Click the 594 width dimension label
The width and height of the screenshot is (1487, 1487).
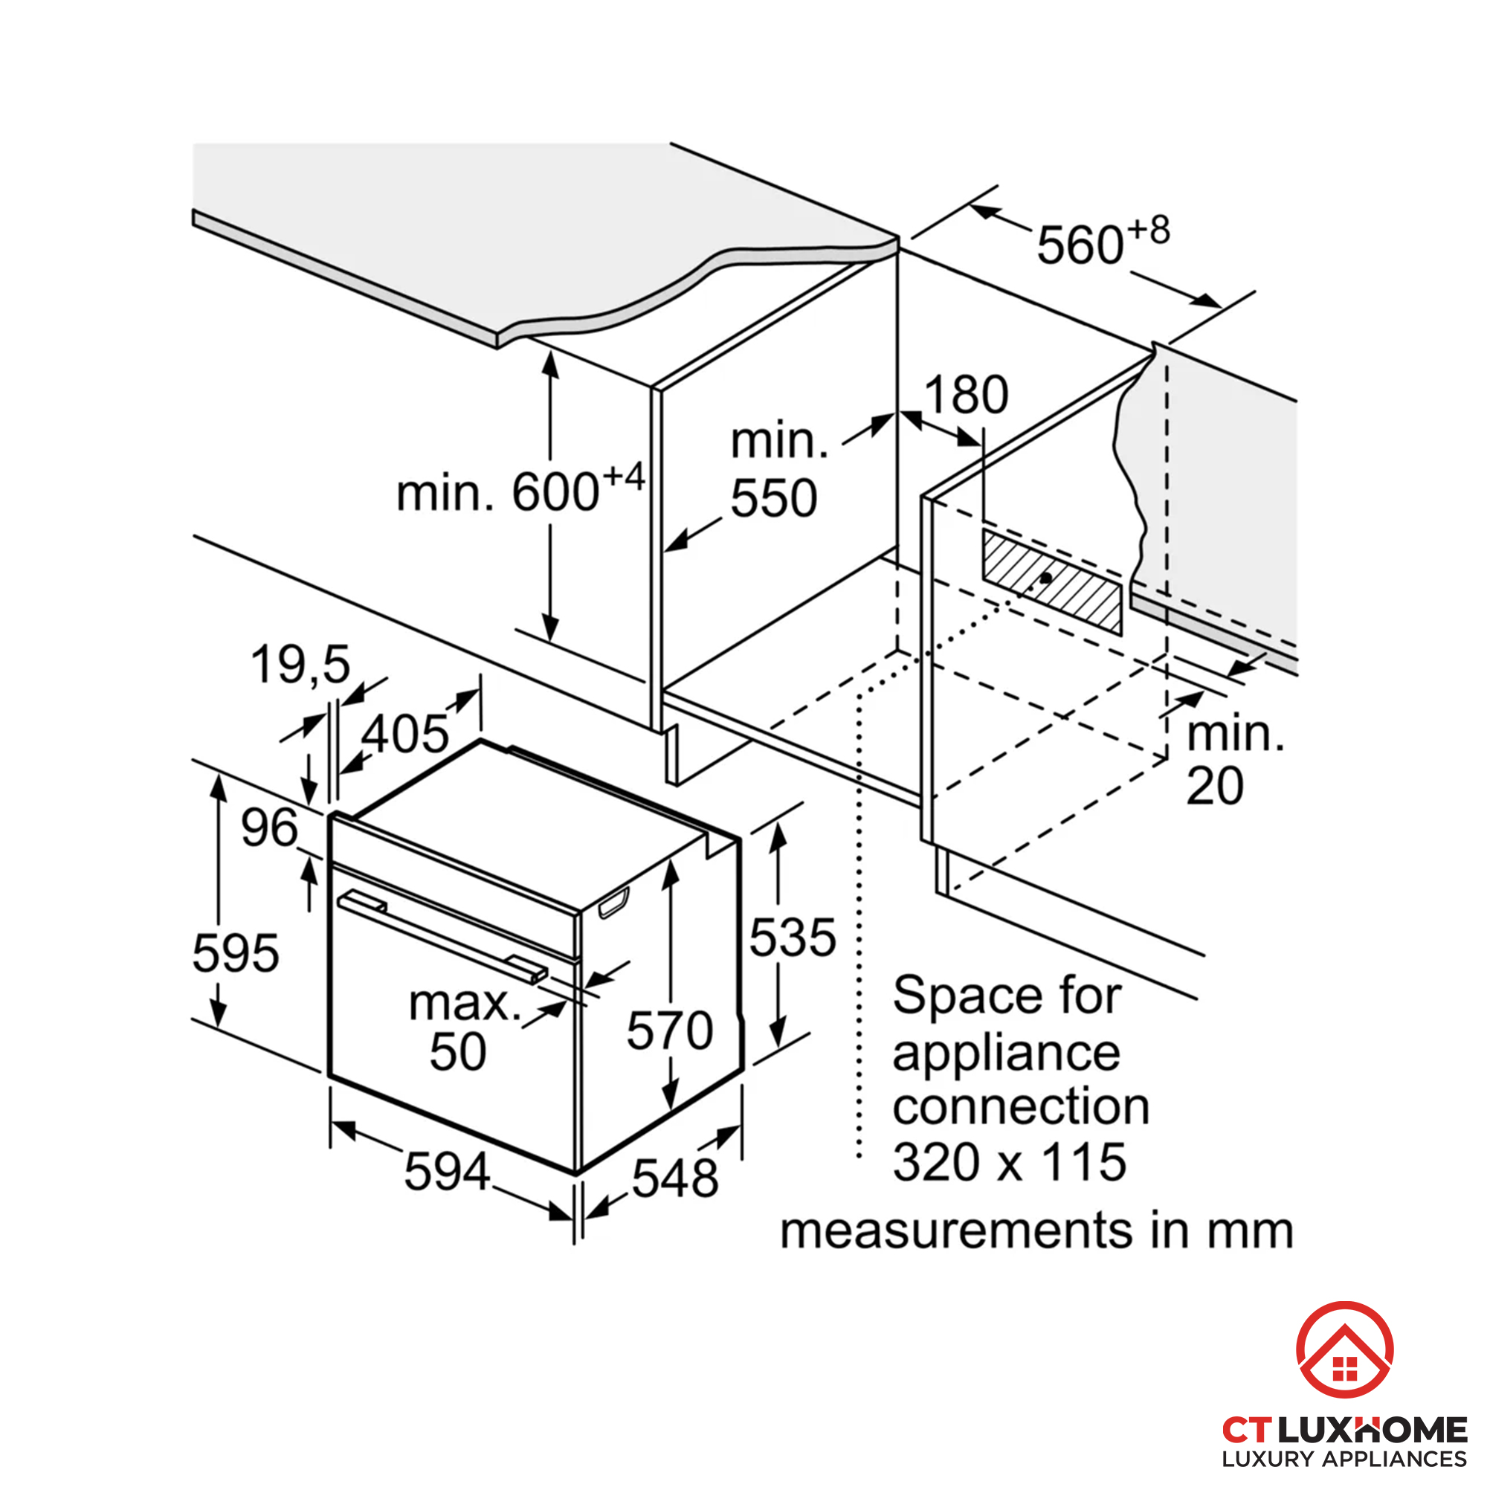point(446,1172)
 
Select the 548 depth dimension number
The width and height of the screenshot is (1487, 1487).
point(674,1178)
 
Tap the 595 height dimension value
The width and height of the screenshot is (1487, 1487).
point(235,953)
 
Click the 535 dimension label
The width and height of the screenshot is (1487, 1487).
point(792,938)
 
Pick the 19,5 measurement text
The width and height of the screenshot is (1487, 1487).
point(300,664)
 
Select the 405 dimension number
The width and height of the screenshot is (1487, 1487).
point(405,734)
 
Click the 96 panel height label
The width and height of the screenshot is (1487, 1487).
point(268,828)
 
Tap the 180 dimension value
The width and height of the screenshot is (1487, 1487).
point(965,395)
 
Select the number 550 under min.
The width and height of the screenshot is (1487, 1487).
point(772,498)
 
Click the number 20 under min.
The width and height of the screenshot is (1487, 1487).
point(1215,786)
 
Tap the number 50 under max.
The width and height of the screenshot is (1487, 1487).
point(458,1051)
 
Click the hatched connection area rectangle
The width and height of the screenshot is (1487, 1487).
point(1051,581)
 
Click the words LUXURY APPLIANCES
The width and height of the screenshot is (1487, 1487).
point(1344,1458)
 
